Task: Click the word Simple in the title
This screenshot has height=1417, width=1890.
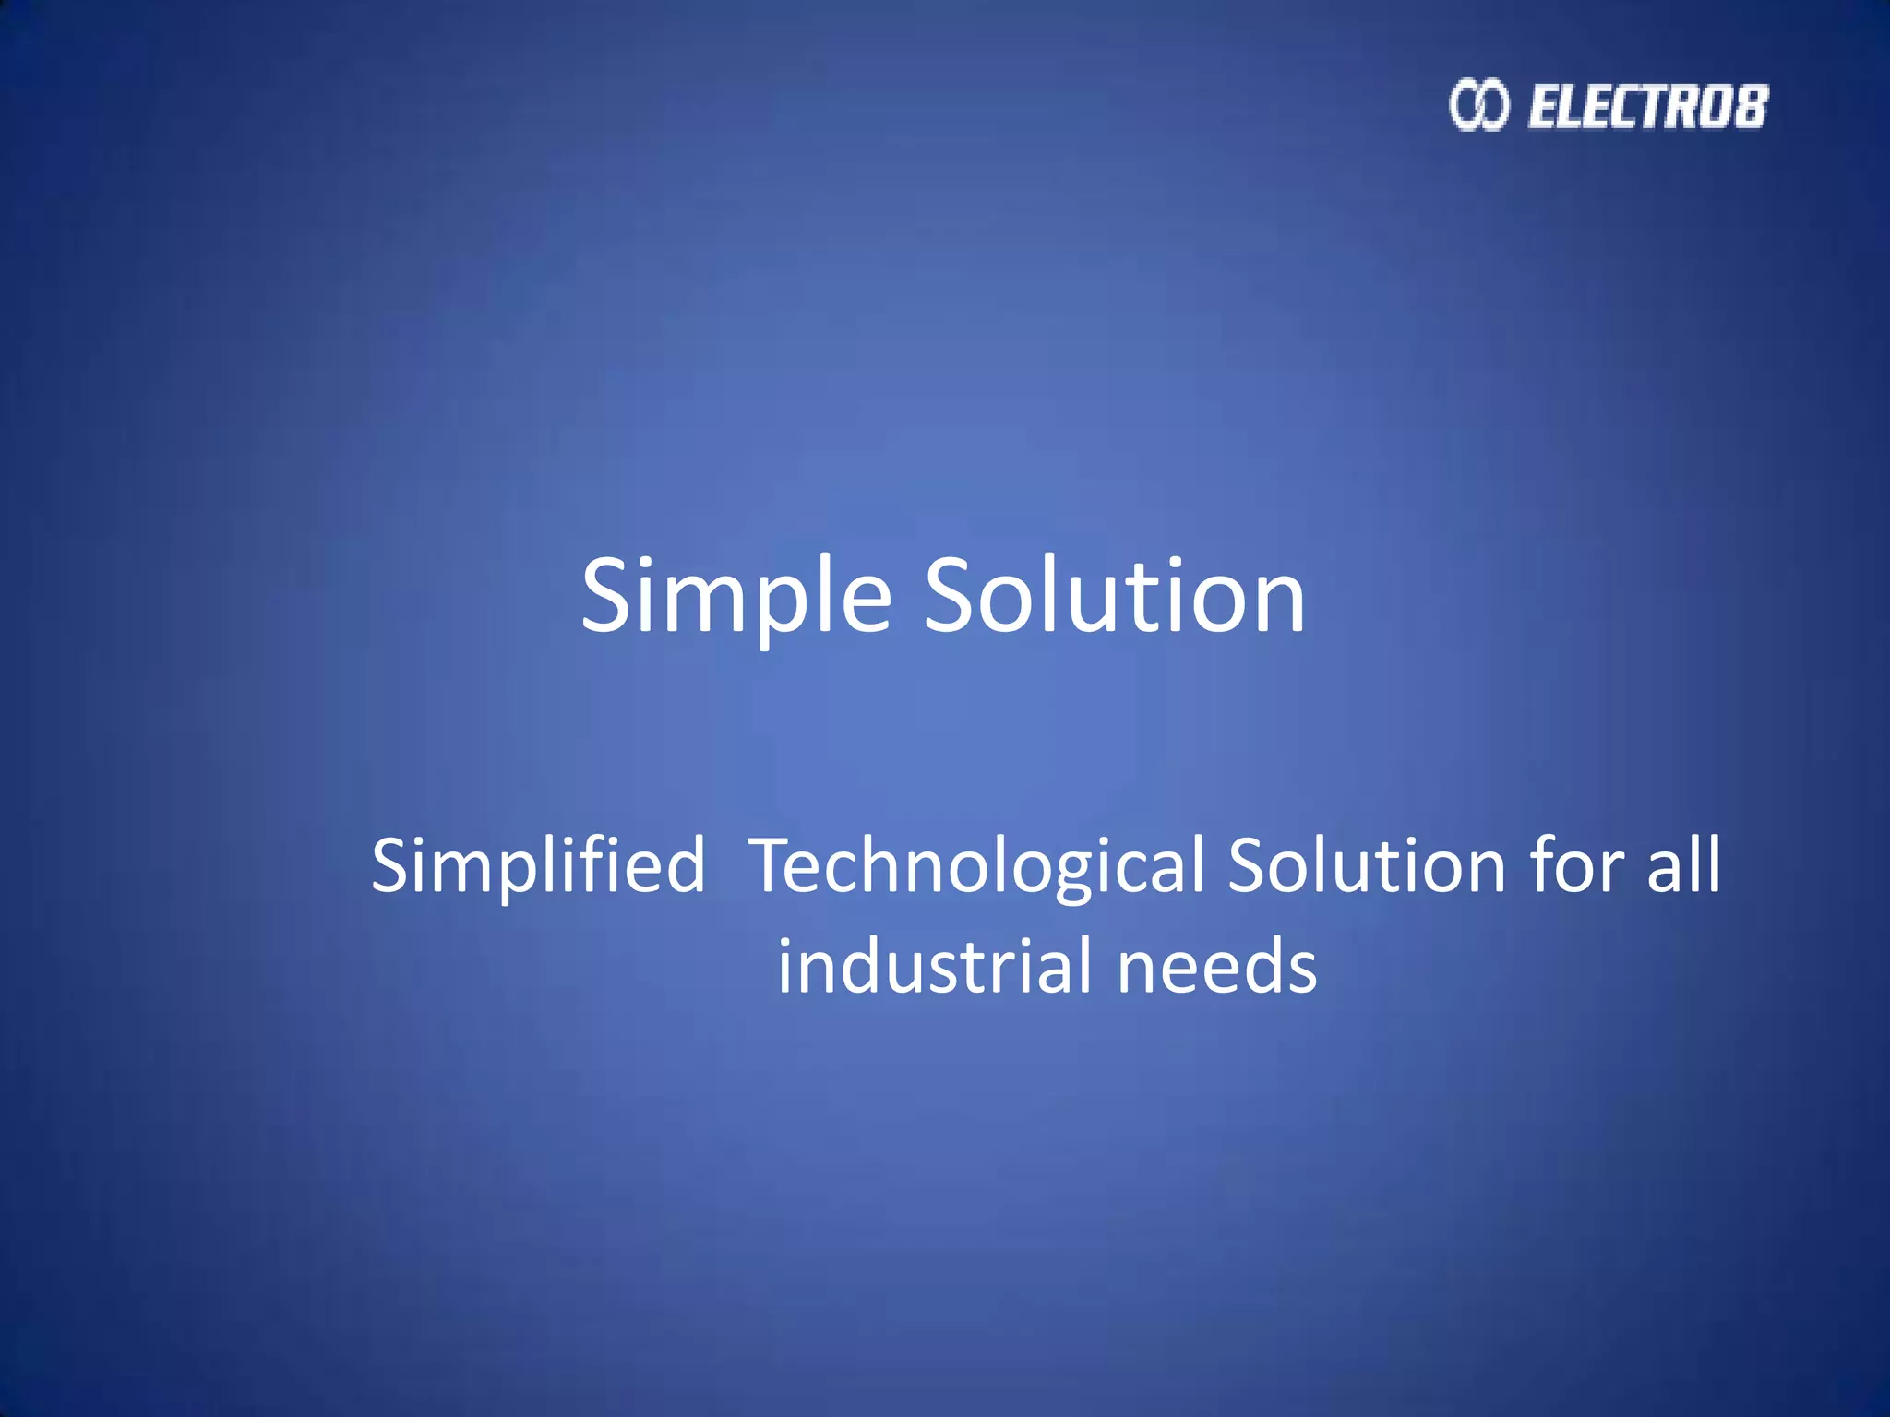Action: (736, 598)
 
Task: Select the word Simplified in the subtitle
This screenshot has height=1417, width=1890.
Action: (538, 865)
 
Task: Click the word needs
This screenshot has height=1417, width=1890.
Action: (1217, 966)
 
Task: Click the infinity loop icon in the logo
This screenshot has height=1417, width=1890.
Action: (1479, 105)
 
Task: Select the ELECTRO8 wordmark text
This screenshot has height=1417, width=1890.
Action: (1648, 106)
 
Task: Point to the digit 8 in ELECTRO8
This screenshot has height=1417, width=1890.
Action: (1750, 106)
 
